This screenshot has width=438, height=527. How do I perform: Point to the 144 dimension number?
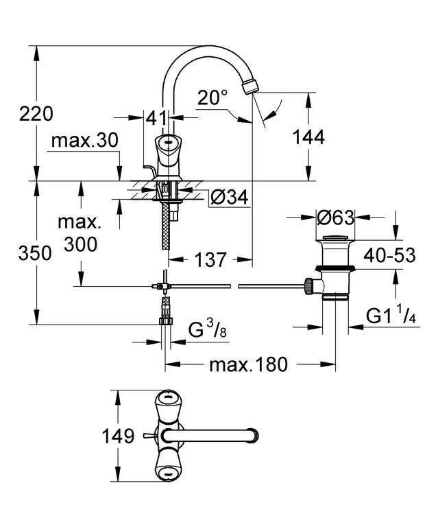click(x=308, y=137)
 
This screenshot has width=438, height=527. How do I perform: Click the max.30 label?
click(x=85, y=141)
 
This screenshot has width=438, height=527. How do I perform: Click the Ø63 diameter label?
click(x=335, y=218)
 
